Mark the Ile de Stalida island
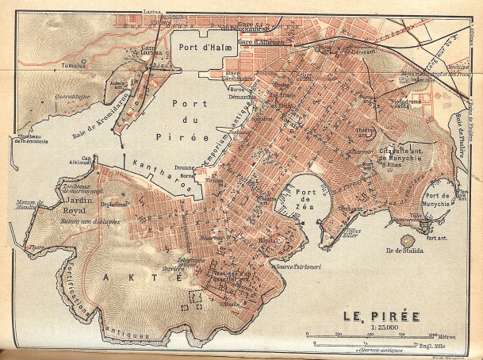coord(408,241)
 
